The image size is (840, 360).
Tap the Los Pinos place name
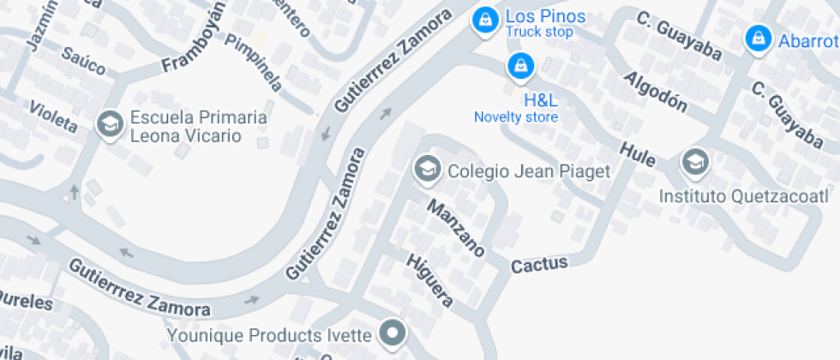[x=545, y=16]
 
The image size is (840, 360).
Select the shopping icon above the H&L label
[x=519, y=65]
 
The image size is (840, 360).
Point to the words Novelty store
[x=516, y=117]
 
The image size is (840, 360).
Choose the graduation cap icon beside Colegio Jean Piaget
[x=426, y=169]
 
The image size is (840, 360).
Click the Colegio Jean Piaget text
[x=529, y=171]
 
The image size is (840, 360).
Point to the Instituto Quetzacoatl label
[x=743, y=197]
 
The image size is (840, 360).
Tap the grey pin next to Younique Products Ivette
[x=393, y=333]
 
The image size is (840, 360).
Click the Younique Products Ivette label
[x=270, y=334]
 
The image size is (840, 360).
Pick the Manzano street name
[x=457, y=228]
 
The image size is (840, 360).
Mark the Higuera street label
[x=429, y=280]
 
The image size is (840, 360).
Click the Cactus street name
[x=539, y=265]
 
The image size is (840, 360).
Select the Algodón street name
[x=656, y=92]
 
